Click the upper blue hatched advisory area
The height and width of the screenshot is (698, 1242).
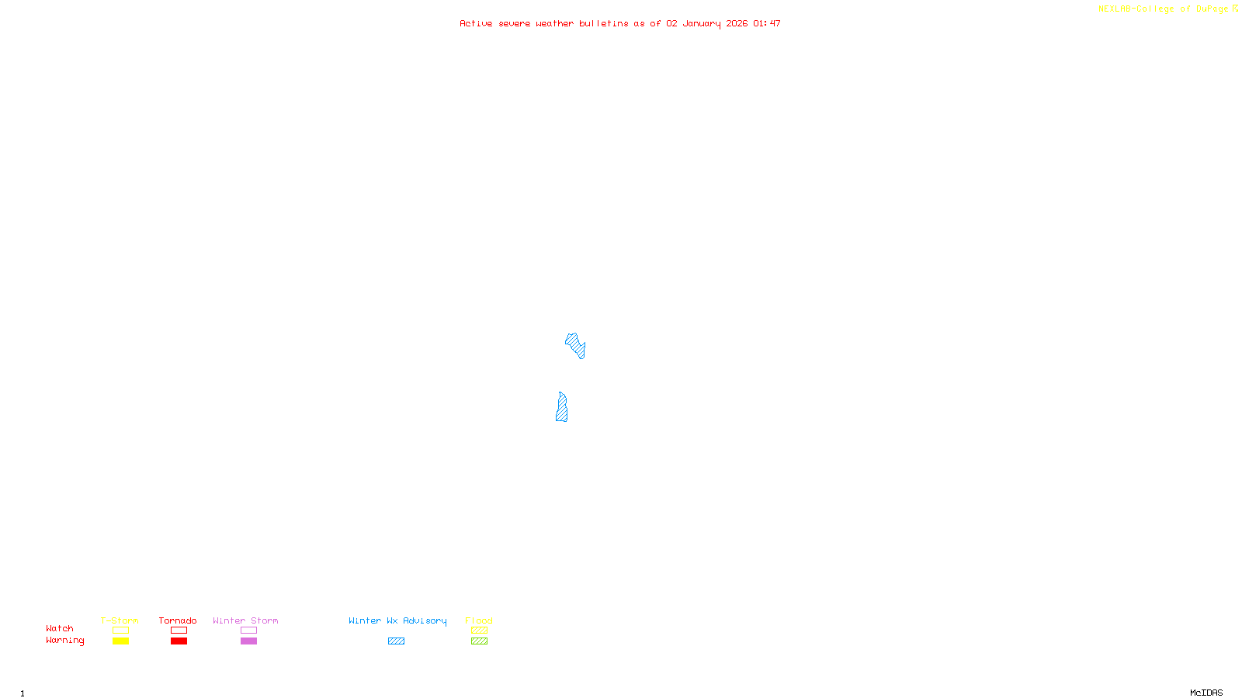point(575,344)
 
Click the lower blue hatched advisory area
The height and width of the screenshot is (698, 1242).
point(561,409)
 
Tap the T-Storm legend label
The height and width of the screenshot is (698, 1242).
point(120,620)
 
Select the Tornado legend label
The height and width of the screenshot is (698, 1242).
point(178,620)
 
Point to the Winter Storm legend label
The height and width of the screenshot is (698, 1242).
point(245,620)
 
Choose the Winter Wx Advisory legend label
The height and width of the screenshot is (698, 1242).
point(397,620)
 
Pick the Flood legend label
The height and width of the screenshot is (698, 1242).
point(479,620)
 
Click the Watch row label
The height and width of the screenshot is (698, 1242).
point(60,628)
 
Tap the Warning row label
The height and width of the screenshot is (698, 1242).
point(64,641)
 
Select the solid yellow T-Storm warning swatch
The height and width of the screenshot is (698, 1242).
point(120,641)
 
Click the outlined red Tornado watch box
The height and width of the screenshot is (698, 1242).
point(179,631)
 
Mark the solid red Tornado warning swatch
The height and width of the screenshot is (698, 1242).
point(179,641)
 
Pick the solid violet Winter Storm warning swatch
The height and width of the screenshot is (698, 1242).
point(248,641)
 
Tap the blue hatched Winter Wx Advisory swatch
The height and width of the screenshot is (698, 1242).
point(396,641)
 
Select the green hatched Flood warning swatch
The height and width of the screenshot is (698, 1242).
point(479,641)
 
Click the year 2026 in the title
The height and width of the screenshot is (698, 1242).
point(737,23)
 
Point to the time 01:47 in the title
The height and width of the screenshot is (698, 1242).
point(767,23)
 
